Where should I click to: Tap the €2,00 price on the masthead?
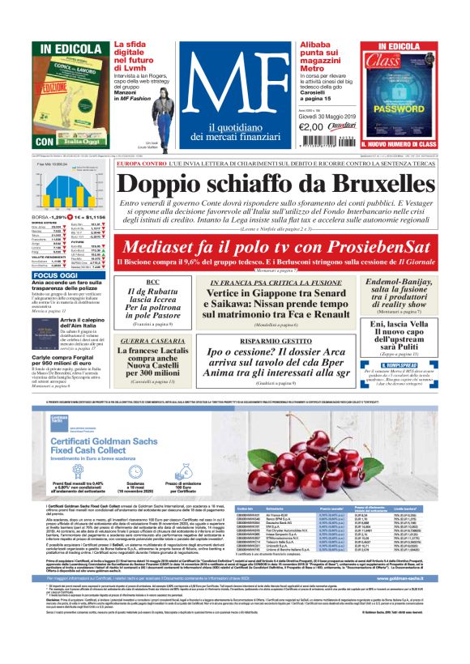[x=311, y=126]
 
